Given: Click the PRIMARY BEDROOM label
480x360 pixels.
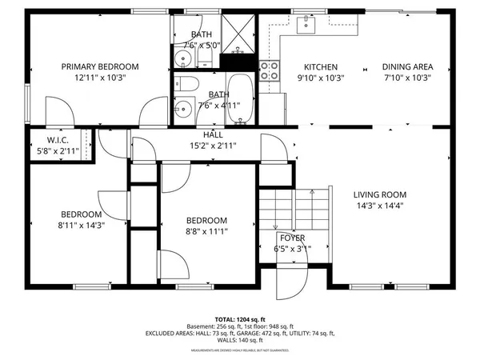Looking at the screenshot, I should pyautogui.click(x=101, y=66).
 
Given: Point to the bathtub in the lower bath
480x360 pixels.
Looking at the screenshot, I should pyautogui.click(x=239, y=98).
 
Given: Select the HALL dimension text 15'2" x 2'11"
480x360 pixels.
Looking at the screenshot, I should pyautogui.click(x=213, y=146).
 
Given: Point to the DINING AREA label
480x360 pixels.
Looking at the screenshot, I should pyautogui.click(x=406, y=67).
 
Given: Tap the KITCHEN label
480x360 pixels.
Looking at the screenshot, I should pyautogui.click(x=320, y=67).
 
